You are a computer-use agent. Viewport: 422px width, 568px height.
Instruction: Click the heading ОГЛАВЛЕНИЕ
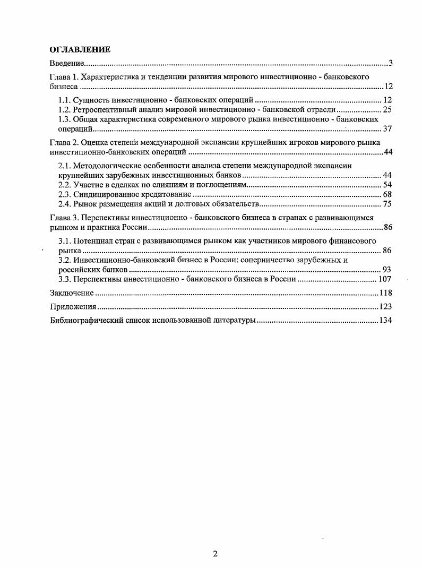pos(80,50)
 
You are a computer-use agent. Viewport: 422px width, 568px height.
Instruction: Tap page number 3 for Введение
pos(390,64)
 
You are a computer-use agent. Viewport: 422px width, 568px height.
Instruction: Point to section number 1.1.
pos(64,100)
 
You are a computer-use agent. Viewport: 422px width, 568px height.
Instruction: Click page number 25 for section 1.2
pos(387,110)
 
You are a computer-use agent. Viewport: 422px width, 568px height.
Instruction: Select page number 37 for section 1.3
pos(387,129)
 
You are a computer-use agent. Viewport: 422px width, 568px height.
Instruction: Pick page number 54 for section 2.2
pos(387,185)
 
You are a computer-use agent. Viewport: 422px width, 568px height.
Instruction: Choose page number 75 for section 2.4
pos(387,204)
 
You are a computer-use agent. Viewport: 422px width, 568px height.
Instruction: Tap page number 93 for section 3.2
pos(387,270)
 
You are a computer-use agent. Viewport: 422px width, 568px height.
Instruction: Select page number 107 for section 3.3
pos(385,279)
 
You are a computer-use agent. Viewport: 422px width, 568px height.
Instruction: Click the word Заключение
pos(72,293)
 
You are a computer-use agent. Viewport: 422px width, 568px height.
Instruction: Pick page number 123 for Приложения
pos(385,307)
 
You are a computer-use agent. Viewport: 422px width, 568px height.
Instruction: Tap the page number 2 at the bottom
pos(215,554)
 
